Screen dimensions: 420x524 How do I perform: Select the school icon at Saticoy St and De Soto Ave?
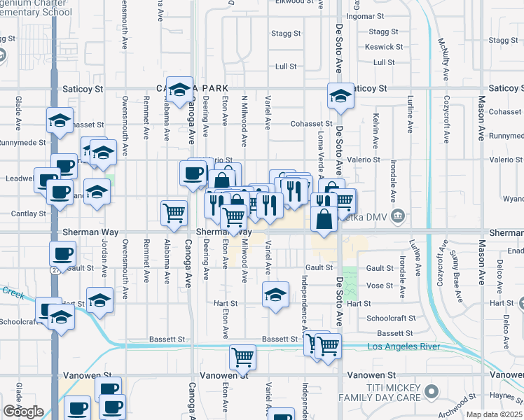(x=340, y=97)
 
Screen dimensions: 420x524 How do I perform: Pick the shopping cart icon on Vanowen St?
(x=242, y=358)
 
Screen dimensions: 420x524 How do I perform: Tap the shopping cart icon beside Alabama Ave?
(x=174, y=212)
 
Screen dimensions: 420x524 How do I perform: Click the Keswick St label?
(x=384, y=47)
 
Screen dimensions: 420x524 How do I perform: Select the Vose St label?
(x=380, y=286)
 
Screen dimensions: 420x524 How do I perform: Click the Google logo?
(x=23, y=412)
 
